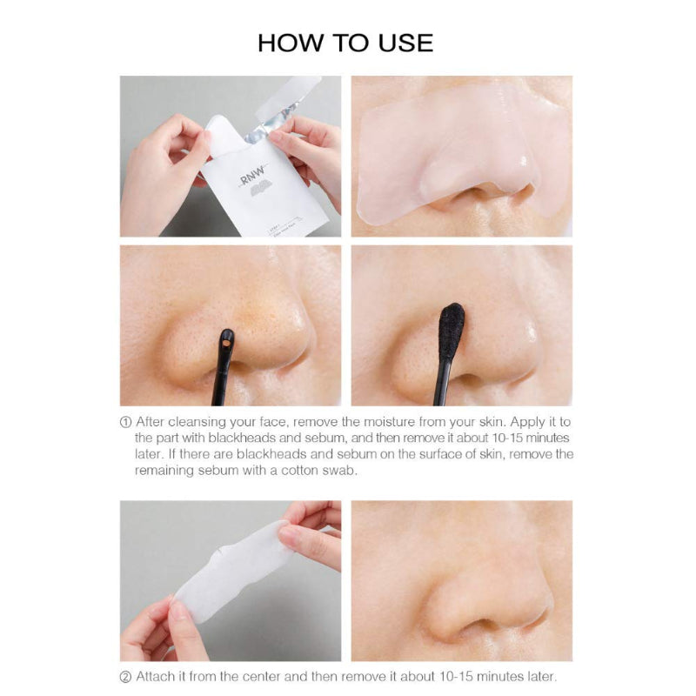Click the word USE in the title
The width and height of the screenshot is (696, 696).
tap(405, 43)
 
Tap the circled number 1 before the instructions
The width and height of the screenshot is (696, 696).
tap(125, 421)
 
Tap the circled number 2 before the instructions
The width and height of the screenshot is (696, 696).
tap(125, 677)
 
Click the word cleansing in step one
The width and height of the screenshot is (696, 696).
tap(195, 421)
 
